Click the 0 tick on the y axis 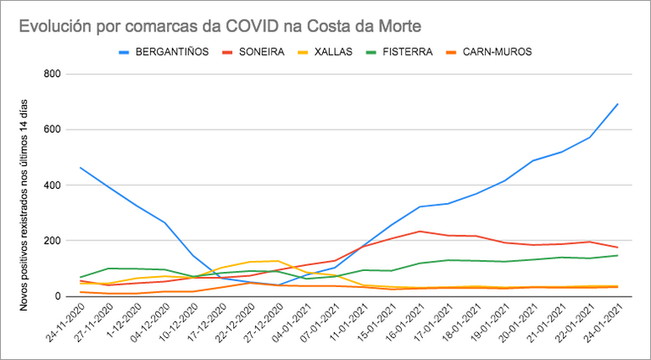(56, 296)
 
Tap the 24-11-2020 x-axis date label (66, 326)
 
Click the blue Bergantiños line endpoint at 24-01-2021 (618, 104)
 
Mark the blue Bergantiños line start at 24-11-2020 (81, 168)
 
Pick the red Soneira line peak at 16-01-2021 (420, 231)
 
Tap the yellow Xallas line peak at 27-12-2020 (278, 261)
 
